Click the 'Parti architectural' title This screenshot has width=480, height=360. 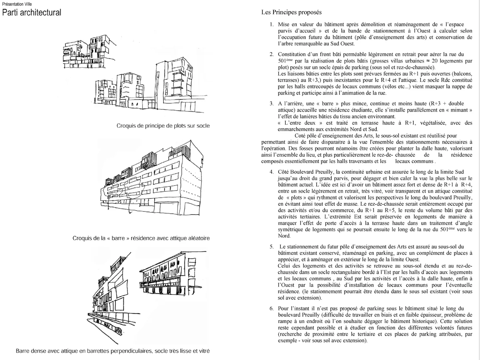[32, 13]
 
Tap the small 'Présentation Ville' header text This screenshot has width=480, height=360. [17, 4]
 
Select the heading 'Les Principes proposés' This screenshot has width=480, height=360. [291, 12]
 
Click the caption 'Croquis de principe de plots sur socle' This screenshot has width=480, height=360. [163, 125]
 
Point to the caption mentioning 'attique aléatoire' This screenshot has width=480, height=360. [141, 238]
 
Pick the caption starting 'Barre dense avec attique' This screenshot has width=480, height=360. [113, 350]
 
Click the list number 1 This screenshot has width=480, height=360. [271, 24]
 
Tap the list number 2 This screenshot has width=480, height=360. [271, 54]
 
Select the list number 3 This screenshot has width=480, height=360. [271, 103]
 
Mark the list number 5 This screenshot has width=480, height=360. [271, 246]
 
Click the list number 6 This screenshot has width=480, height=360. [271, 308]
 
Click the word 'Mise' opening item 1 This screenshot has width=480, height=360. [284, 24]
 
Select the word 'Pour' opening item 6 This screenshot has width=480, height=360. [284, 308]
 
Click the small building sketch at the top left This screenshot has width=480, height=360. [84, 51]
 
